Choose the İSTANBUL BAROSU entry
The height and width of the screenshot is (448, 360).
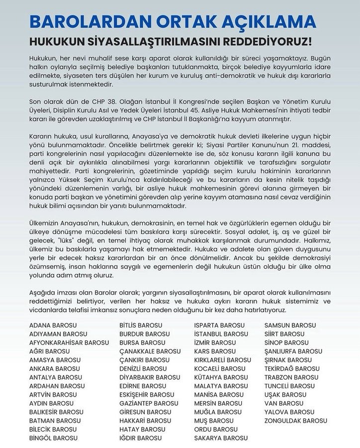click(219, 334)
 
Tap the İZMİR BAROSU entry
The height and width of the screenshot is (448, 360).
click(215, 342)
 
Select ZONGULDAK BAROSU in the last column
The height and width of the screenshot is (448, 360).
click(296, 420)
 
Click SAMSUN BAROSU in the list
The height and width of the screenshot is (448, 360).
click(290, 325)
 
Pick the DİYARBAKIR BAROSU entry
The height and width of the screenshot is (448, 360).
click(150, 377)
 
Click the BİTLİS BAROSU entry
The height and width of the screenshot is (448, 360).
click(139, 325)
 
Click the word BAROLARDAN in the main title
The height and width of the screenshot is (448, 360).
click(89, 22)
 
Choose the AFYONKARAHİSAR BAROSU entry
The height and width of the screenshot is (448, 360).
click(69, 342)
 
